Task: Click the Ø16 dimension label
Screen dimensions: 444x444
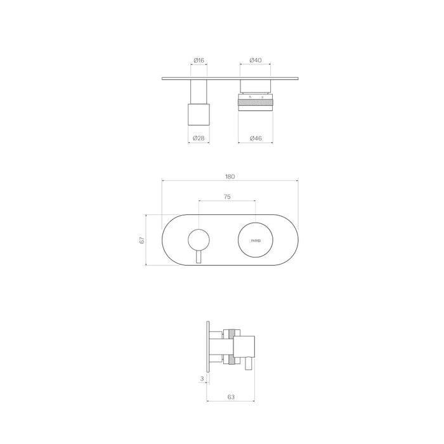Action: click(x=199, y=60)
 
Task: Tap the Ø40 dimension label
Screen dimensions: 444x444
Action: click(x=256, y=60)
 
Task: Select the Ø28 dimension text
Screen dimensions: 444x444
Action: click(x=199, y=138)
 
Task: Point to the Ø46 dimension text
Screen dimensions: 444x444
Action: click(x=256, y=138)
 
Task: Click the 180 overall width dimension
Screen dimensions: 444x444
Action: click(x=230, y=178)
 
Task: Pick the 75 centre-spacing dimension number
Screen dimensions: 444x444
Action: click(x=227, y=197)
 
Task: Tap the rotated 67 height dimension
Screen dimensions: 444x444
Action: click(x=143, y=240)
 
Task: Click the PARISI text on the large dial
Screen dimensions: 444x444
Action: click(x=256, y=241)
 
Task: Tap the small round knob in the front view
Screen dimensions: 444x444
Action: click(x=199, y=240)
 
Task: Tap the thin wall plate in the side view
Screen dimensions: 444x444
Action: click(x=209, y=346)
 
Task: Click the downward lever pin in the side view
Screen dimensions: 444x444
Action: click(x=248, y=364)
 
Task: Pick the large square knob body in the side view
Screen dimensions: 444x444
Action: click(x=245, y=346)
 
